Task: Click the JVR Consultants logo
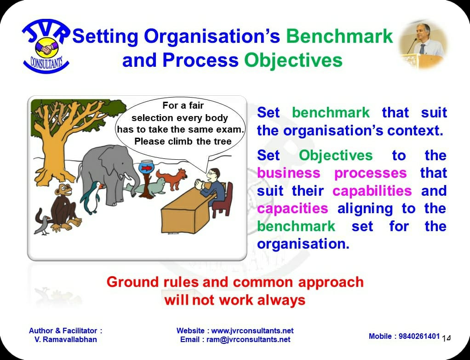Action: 46,46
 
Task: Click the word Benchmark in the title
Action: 339,36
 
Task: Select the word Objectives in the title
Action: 293,60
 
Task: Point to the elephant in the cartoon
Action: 109,174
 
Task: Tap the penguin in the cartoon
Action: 91,197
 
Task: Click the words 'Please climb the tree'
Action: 183,141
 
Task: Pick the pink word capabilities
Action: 372,191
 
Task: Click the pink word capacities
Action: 292,209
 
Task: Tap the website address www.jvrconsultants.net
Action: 252,331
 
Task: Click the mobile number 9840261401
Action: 419,337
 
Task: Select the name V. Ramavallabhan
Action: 66,340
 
